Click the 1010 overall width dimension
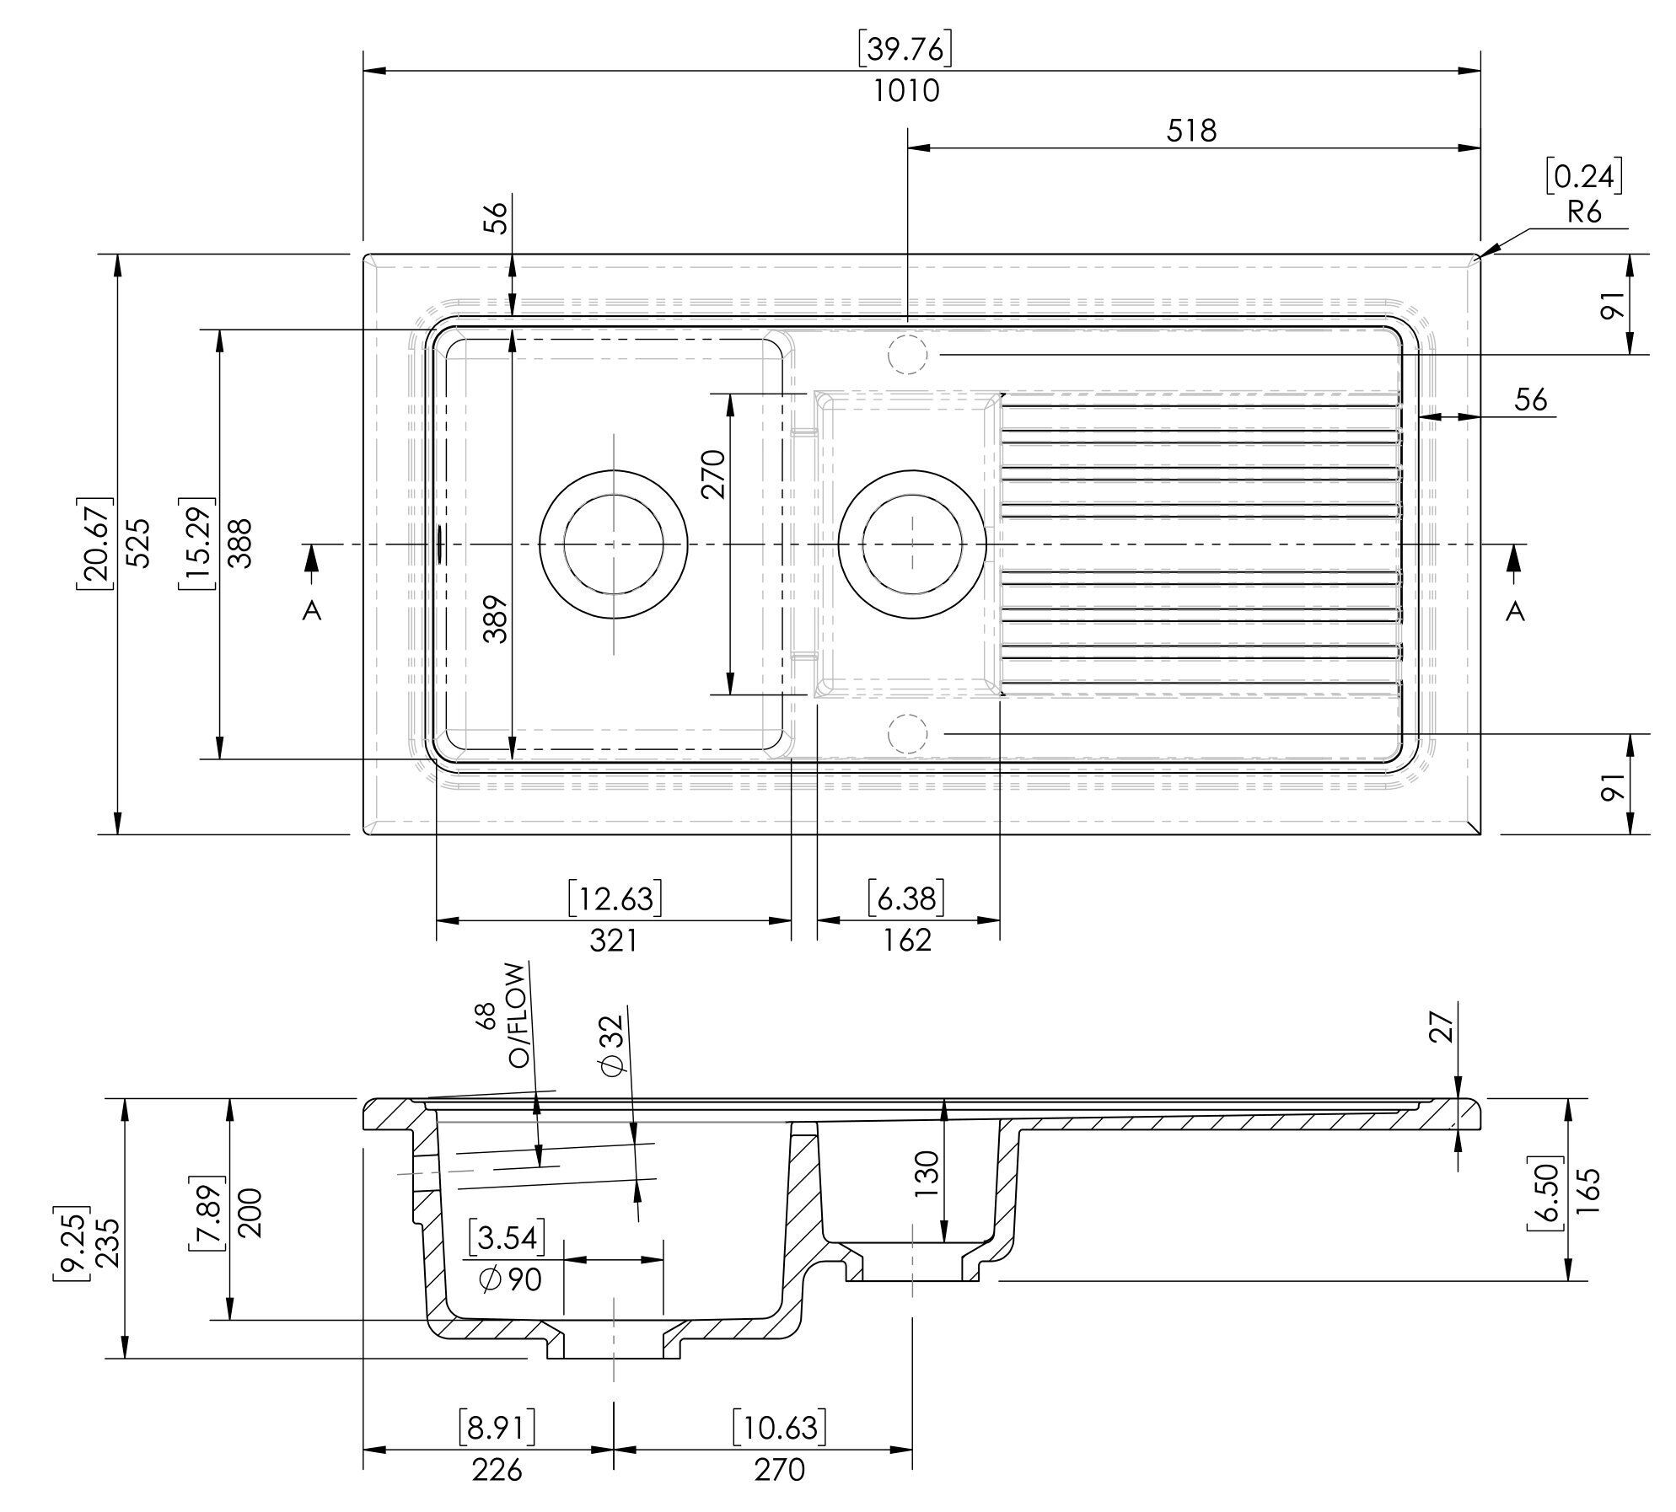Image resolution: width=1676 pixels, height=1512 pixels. pyautogui.click(x=905, y=91)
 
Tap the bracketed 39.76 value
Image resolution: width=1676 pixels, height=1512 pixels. pyautogui.click(x=905, y=51)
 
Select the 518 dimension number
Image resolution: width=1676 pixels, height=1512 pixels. pyautogui.click(x=1193, y=131)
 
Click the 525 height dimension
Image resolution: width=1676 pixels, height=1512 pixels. pyautogui.click(x=140, y=543)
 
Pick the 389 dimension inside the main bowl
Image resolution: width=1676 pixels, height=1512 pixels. pyautogui.click(x=497, y=619)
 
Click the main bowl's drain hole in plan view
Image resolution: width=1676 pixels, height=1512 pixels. pyautogui.click(x=613, y=544)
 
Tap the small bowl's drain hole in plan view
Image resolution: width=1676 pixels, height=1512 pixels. pyautogui.click(x=912, y=544)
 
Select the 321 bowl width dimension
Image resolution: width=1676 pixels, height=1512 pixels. pyautogui.click(x=613, y=940)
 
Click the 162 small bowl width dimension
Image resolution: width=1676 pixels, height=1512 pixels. pyautogui.click(x=907, y=940)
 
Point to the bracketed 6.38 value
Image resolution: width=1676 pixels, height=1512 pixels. pyautogui.click(x=907, y=899)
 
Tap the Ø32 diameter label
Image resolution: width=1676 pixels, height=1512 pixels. pyautogui.click(x=613, y=1045)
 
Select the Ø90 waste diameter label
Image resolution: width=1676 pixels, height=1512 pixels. pyautogui.click(x=510, y=1280)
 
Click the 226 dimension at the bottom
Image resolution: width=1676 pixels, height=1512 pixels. pyautogui.click(x=497, y=1470)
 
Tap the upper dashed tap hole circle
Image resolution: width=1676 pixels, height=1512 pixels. pyautogui.click(x=907, y=354)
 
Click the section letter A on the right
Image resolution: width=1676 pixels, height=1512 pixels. pyautogui.click(x=1515, y=611)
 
